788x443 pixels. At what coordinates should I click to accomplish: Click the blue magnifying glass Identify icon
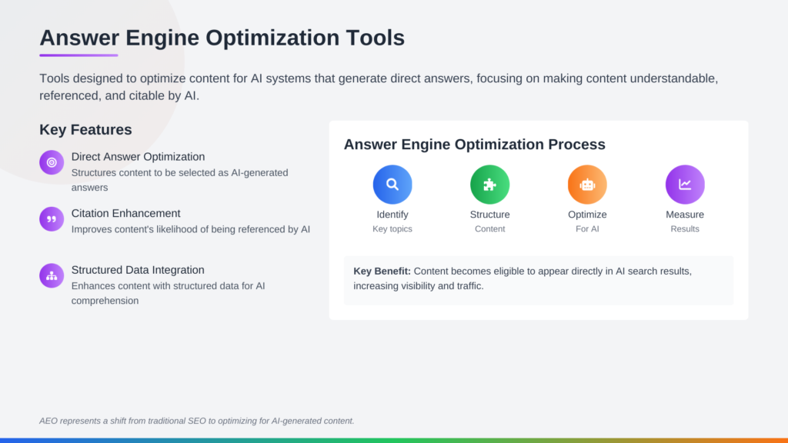(392, 185)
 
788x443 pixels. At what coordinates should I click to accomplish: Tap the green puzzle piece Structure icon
(490, 185)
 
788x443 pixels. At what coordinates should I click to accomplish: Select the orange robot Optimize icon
(587, 185)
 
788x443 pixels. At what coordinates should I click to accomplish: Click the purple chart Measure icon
(685, 185)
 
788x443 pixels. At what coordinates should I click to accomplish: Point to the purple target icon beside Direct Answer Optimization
(52, 162)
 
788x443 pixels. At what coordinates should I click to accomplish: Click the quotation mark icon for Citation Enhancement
(52, 219)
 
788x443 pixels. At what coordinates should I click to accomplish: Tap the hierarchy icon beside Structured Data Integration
(52, 275)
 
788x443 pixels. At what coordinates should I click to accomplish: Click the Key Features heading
(85, 129)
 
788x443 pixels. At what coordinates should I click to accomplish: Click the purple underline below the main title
(78, 55)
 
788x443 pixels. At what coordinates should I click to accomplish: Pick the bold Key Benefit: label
(382, 271)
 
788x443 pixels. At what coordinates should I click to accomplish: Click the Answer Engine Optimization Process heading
(474, 145)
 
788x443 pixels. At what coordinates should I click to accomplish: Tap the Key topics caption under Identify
(392, 229)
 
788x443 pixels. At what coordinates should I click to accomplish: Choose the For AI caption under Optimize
(587, 229)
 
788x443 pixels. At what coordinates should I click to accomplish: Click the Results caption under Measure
(685, 229)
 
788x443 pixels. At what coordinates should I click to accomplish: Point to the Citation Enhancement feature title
(125, 213)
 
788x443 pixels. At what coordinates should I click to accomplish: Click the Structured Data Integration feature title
(138, 270)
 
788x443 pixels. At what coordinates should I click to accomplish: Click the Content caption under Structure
(490, 229)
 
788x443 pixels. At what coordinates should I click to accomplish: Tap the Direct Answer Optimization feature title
(138, 157)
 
